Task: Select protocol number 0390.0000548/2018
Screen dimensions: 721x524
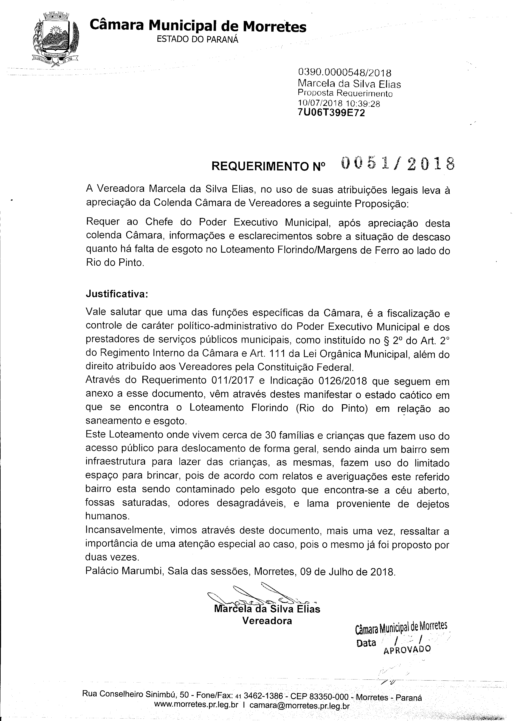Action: [x=344, y=73]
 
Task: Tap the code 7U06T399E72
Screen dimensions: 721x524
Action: [x=331, y=113]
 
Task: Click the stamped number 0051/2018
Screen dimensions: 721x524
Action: [x=398, y=164]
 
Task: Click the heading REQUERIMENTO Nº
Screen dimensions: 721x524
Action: [x=269, y=166]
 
